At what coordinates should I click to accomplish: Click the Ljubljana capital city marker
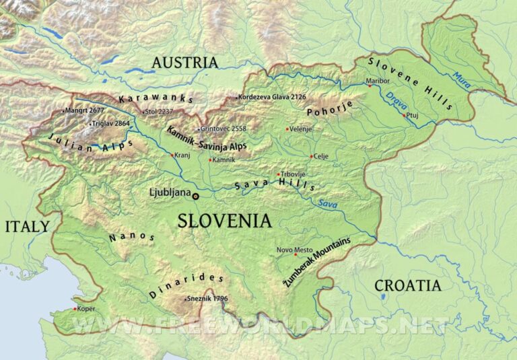[196, 196]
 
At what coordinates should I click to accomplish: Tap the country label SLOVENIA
[224, 221]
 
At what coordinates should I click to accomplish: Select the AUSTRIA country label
[185, 63]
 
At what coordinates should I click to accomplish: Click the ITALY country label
[27, 226]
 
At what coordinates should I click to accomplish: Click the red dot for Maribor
[369, 86]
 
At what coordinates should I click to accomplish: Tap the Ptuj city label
[415, 115]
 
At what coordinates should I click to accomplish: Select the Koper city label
[85, 309]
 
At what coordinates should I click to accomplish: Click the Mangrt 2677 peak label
[85, 110]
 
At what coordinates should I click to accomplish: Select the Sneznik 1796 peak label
[207, 299]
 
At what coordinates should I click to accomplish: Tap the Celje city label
[320, 156]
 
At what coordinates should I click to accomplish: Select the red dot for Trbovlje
[278, 174]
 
